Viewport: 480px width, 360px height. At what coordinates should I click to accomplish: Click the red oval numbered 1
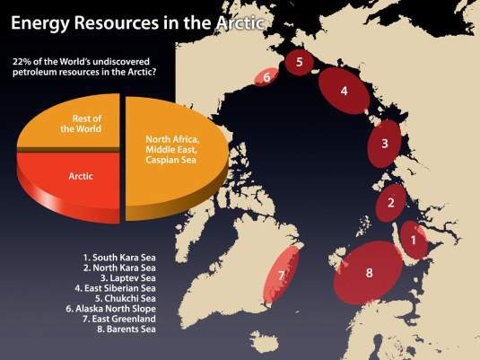pyautogui.click(x=413, y=240)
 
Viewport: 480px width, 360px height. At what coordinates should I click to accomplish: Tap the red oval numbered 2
pyautogui.click(x=391, y=203)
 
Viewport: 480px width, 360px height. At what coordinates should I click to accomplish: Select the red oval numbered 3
pyautogui.click(x=384, y=144)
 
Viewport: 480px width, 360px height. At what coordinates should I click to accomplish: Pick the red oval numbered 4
pyautogui.click(x=344, y=91)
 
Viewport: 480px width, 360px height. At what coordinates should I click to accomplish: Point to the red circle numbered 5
pyautogui.click(x=301, y=62)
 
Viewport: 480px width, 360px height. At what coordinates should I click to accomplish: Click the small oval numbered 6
pyautogui.click(x=266, y=79)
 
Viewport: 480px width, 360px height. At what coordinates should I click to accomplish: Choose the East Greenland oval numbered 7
pyautogui.click(x=282, y=274)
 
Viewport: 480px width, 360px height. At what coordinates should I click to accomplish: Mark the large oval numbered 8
pyautogui.click(x=370, y=272)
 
